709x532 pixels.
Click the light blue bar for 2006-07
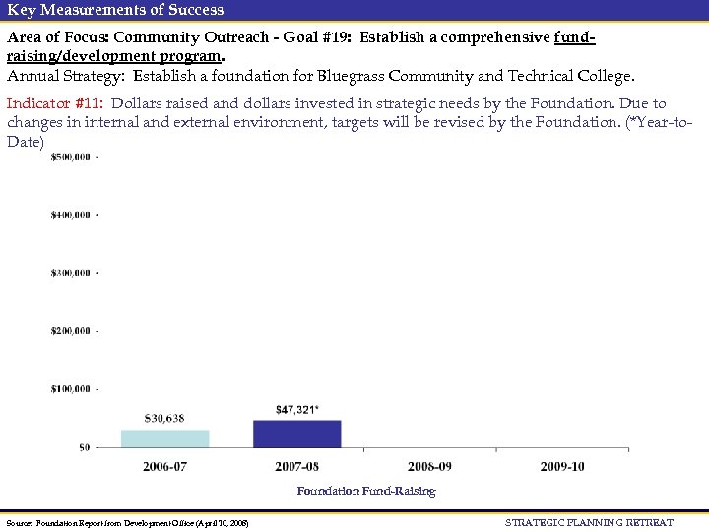tap(164, 438)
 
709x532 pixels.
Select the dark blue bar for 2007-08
tap(296, 433)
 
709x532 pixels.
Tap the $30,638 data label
tap(163, 419)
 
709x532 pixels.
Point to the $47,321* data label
tap(297, 409)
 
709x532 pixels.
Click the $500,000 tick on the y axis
tap(71, 157)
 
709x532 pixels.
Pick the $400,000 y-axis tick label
tap(71, 215)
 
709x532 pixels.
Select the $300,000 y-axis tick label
tap(71, 273)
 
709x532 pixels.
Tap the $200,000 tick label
tap(71, 331)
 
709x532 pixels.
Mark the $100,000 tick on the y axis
tap(71, 389)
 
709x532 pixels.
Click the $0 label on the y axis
tap(84, 447)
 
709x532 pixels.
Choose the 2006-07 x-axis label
tap(164, 466)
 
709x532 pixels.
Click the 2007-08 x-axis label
tap(296, 466)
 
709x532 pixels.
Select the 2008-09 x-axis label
tap(429, 466)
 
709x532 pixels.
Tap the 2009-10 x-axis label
tap(561, 466)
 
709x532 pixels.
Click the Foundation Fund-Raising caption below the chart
tap(365, 491)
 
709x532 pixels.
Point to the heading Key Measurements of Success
tap(115, 10)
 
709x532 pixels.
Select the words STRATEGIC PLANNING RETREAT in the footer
tap(589, 522)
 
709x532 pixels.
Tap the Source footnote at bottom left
tap(127, 523)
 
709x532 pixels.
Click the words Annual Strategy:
tap(68, 76)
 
